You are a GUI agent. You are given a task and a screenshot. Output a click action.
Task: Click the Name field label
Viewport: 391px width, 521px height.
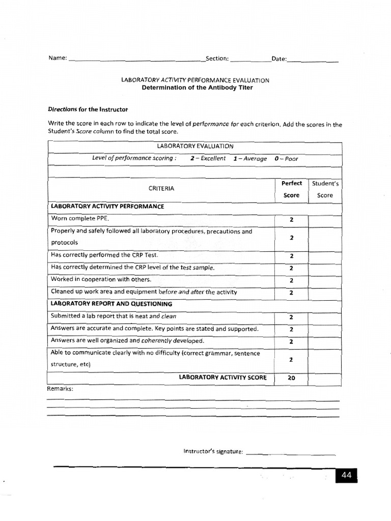pyautogui.click(x=57, y=59)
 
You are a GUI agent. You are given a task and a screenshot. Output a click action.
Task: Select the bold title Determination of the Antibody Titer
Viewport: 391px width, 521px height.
pyautogui.click(x=197, y=88)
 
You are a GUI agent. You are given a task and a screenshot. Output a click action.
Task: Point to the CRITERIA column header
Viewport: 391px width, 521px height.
pyautogui.click(x=161, y=188)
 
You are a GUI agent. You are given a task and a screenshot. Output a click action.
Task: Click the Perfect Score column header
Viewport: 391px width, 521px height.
pyautogui.click(x=291, y=189)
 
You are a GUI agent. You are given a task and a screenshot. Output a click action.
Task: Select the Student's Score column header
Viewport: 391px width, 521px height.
pyautogui.click(x=325, y=189)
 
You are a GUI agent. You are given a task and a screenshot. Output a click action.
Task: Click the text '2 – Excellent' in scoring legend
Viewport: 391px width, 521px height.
pyautogui.click(x=208, y=158)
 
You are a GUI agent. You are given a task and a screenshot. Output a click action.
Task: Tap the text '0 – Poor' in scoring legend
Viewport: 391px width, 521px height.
pyautogui.click(x=286, y=158)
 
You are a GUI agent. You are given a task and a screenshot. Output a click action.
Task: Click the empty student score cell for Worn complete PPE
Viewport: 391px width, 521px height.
pyautogui.click(x=325, y=220)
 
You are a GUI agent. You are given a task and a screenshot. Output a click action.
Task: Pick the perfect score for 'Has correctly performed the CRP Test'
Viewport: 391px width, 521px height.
pyautogui.click(x=291, y=256)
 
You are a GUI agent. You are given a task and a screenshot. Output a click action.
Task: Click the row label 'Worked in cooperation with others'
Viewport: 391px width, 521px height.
pyautogui.click(x=101, y=279)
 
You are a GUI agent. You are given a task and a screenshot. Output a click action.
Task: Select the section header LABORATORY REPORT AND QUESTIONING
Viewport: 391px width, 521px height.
pyautogui.click(x=111, y=304)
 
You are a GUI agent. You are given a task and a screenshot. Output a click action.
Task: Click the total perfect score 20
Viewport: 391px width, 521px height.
pyautogui.click(x=291, y=378)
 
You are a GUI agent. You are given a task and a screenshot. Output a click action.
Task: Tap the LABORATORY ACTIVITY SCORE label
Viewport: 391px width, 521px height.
pyautogui.click(x=222, y=378)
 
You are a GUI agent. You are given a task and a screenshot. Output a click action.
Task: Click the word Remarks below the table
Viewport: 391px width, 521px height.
pyautogui.click(x=60, y=389)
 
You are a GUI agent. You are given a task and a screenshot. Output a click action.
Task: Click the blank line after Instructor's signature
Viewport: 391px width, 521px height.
pyautogui.click(x=290, y=452)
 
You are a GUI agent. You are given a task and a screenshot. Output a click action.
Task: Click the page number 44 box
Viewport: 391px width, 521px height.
pyautogui.click(x=346, y=475)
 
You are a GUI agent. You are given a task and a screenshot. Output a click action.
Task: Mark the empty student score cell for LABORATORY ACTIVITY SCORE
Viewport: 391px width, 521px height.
pyautogui.click(x=325, y=378)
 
